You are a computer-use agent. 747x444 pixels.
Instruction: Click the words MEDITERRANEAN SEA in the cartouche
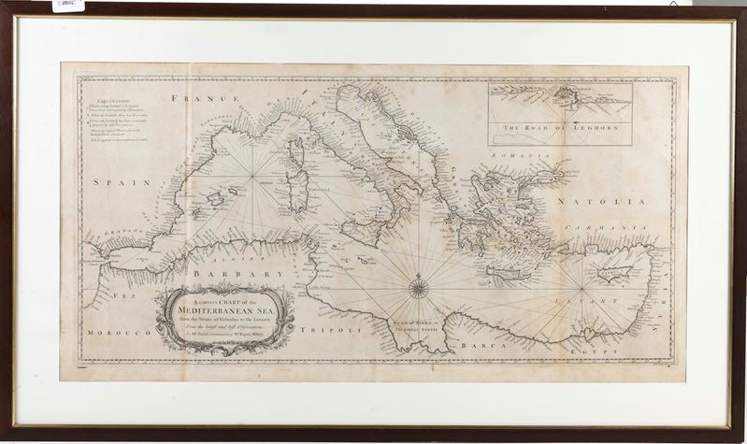(x=224, y=315)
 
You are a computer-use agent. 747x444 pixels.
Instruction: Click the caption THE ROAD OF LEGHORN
(x=559, y=128)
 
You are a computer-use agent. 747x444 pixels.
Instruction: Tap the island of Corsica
(x=294, y=150)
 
